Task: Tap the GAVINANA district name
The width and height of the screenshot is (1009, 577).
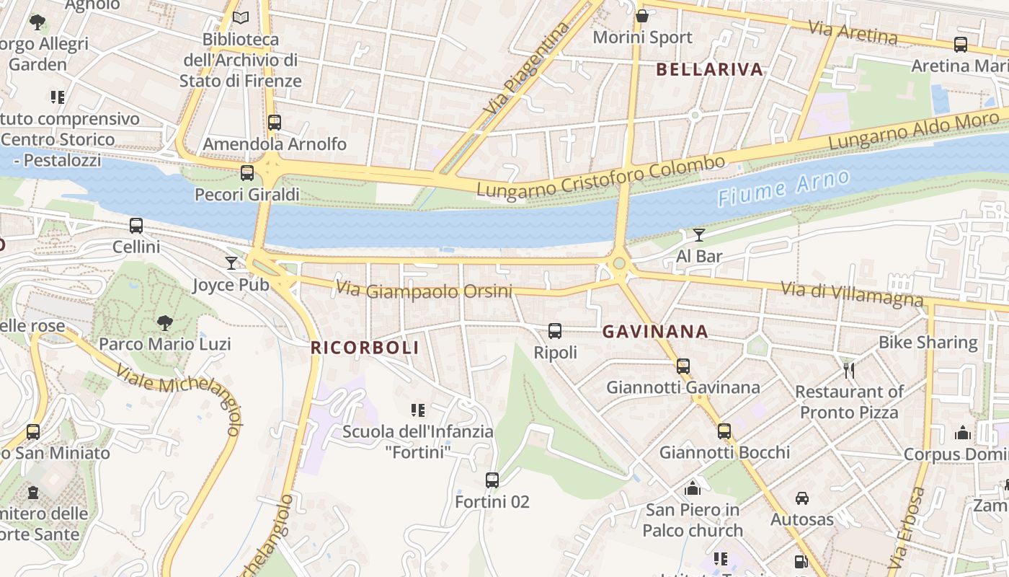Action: (x=655, y=332)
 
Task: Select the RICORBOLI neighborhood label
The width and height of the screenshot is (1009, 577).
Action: (x=364, y=348)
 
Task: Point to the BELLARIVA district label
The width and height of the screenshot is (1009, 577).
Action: (x=709, y=69)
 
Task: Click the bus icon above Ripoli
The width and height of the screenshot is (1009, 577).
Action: (x=555, y=331)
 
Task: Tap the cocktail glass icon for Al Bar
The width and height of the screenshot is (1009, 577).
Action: (x=698, y=234)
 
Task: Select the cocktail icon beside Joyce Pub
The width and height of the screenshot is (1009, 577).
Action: (x=231, y=263)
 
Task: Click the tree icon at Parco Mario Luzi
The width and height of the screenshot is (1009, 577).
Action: (x=165, y=322)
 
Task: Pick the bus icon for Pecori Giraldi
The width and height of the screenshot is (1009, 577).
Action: (x=247, y=173)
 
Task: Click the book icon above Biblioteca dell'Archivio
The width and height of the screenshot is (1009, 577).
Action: (x=241, y=17)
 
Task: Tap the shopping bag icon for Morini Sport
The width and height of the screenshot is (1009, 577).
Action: (x=642, y=15)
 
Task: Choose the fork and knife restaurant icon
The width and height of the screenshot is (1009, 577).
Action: (x=849, y=371)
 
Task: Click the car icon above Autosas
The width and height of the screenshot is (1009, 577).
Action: (x=801, y=498)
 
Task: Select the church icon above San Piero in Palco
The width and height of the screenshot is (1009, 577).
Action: (x=693, y=488)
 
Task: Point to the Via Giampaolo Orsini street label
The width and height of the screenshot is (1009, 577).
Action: (x=424, y=291)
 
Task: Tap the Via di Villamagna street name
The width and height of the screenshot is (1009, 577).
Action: (x=852, y=293)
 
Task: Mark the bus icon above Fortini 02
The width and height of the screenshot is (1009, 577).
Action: (x=492, y=480)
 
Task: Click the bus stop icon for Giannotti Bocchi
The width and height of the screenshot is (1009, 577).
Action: (x=724, y=431)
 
